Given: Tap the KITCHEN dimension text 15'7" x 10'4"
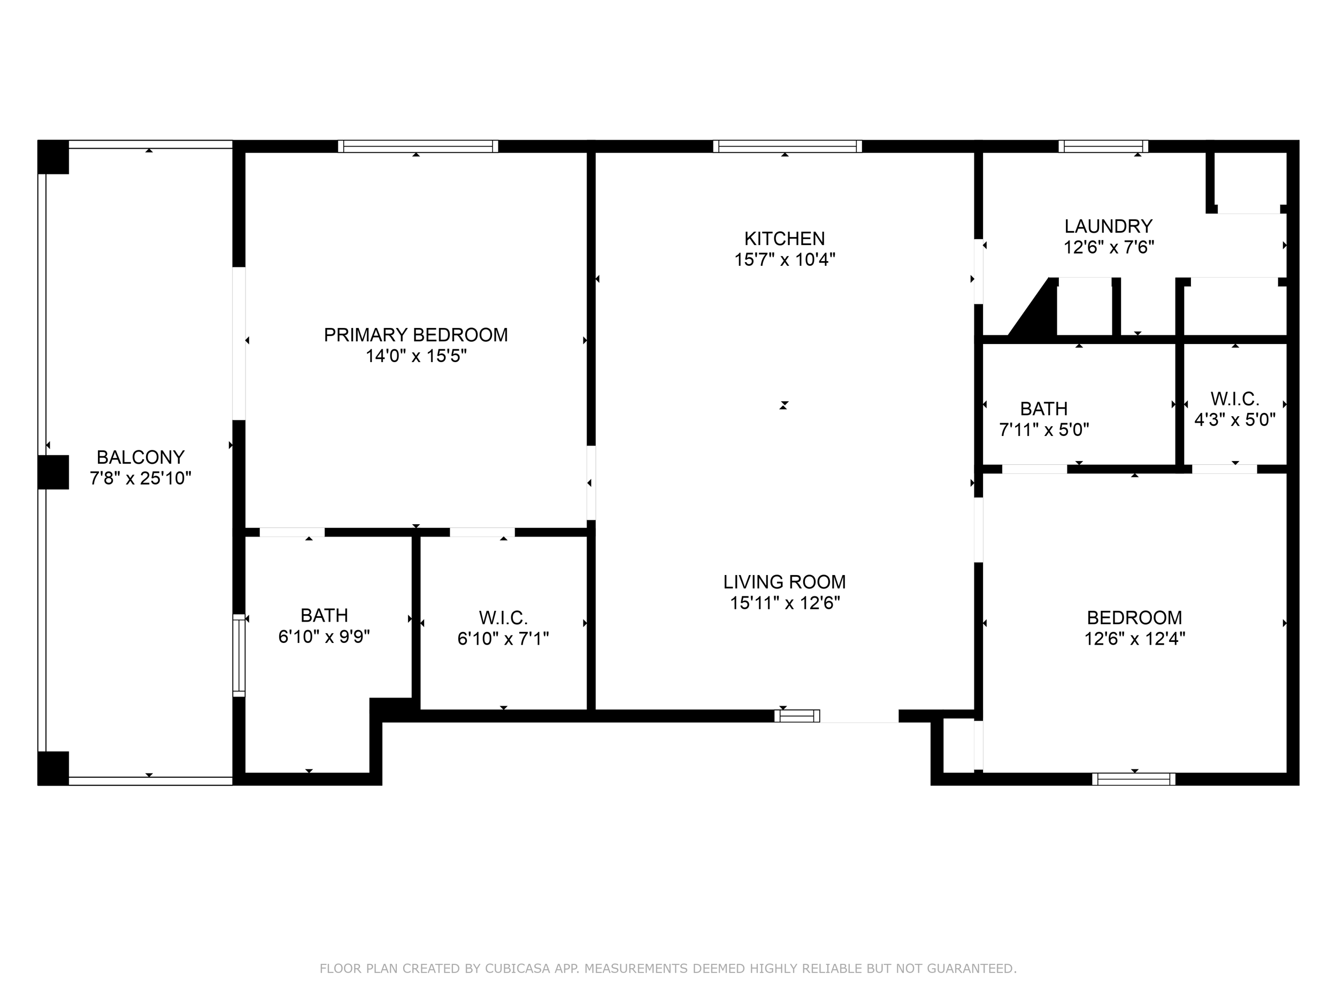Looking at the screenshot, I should tap(784, 259).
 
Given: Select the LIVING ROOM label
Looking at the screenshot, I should tap(784, 581).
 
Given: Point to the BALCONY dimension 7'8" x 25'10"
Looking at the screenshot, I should tap(140, 478).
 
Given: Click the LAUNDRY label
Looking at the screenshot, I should tap(1108, 226).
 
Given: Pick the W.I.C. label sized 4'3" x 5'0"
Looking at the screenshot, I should tap(1234, 399).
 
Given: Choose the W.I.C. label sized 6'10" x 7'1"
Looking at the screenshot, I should tap(503, 618).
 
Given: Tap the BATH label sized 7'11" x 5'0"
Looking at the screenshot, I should tap(1043, 409).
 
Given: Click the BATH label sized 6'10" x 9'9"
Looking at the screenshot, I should tap(324, 616).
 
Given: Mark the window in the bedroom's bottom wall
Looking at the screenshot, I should tap(1133, 779).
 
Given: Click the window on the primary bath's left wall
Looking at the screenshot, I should tap(240, 655).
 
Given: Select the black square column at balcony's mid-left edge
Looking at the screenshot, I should tap(53, 472).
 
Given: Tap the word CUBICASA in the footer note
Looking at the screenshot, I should tap(517, 969).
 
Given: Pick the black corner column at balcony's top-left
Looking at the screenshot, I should tap(53, 157).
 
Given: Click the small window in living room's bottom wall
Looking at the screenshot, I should tap(797, 716).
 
